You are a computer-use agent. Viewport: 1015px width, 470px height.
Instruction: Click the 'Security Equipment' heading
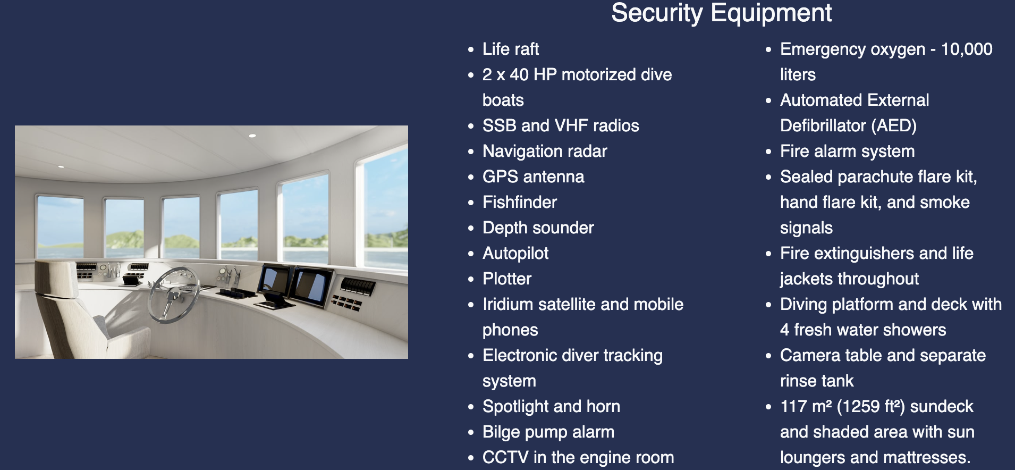[x=721, y=13]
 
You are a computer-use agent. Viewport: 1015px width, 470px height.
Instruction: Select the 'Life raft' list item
[x=510, y=49]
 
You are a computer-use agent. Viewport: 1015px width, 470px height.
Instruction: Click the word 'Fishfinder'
[x=519, y=202]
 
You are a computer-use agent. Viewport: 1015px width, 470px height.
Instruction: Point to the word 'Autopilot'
[x=515, y=253]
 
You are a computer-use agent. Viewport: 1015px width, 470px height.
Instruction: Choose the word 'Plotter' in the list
[x=506, y=279]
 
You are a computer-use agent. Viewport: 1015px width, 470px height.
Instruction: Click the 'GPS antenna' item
[x=533, y=177]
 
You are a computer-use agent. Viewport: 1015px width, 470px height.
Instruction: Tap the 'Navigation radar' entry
[x=544, y=151]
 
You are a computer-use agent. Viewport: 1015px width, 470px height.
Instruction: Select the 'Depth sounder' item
[x=538, y=228]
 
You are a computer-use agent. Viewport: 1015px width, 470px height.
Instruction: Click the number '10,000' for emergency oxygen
[x=966, y=49]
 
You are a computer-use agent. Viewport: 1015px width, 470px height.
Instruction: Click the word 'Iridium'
[x=508, y=304]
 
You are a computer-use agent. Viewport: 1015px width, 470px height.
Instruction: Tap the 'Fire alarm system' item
[x=847, y=151]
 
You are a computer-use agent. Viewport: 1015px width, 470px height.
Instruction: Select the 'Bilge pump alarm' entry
[x=548, y=432]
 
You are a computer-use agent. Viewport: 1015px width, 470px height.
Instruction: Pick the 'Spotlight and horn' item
[x=551, y=406]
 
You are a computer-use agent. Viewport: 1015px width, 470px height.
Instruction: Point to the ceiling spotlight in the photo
[x=252, y=136]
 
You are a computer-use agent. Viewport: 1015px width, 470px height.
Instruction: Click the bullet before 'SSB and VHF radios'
[x=471, y=126]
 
